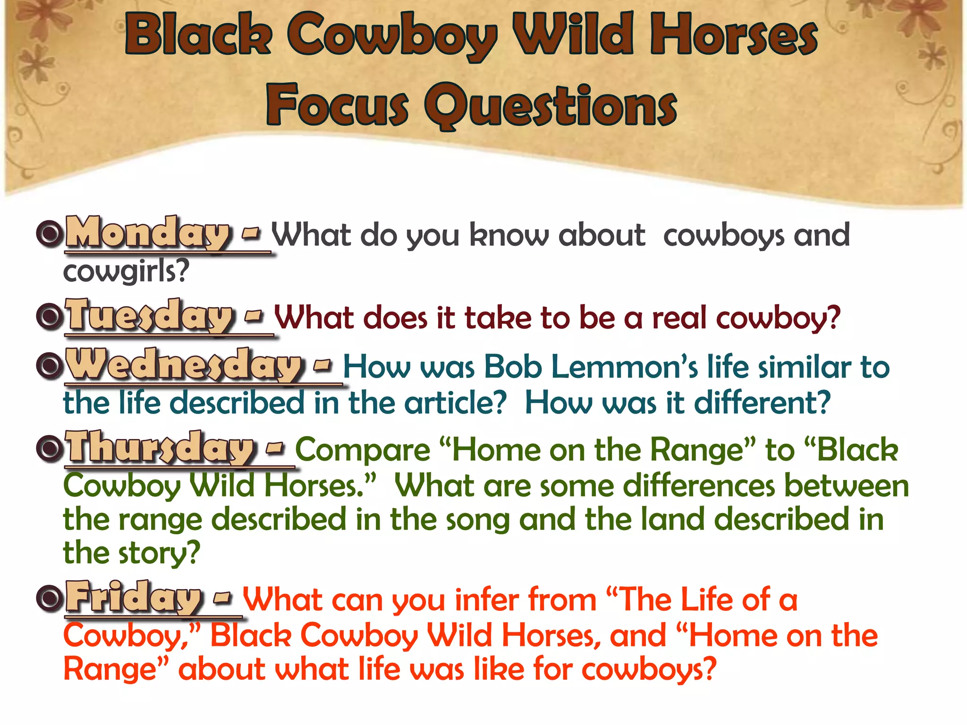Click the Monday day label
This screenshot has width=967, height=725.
coord(148,233)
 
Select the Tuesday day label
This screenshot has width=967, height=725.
coord(149,316)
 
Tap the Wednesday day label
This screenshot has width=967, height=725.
coord(183,365)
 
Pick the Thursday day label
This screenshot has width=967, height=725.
coord(161,448)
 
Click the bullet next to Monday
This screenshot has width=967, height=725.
coord(50,233)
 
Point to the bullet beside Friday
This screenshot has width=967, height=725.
coord(50,599)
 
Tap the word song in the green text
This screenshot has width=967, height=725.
coord(477,520)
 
